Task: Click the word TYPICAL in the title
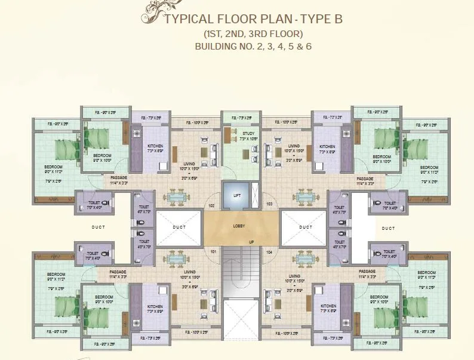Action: (x=190, y=19)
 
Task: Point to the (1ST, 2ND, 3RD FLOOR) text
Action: (x=253, y=33)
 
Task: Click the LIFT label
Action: (x=236, y=195)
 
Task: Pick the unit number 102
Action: (x=211, y=205)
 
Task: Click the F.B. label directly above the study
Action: (x=236, y=118)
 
